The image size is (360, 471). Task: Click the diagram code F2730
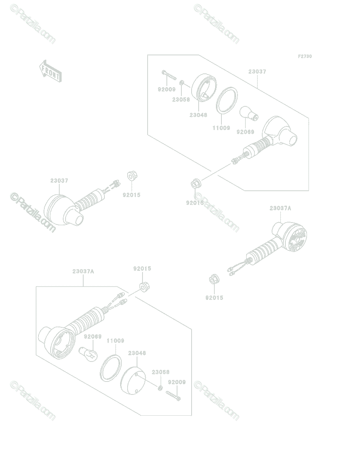(x=305, y=56)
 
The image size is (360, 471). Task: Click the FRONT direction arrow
(x=51, y=71)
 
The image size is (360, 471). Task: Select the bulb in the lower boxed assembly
(x=88, y=354)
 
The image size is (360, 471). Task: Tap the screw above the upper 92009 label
(x=169, y=75)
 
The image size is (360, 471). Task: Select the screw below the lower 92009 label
(x=173, y=395)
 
